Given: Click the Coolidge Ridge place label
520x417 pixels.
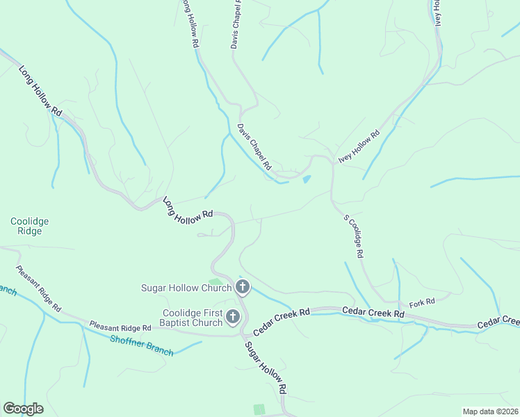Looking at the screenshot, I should (29, 227).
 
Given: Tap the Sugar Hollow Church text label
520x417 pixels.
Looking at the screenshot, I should (181, 288).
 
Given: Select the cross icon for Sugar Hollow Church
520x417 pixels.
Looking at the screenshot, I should (243, 287).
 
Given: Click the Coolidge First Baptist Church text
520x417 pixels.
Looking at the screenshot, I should (193, 318).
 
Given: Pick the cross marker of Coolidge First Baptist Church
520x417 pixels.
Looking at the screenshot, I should (233, 318).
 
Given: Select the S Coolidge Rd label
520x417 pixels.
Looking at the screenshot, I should (353, 236).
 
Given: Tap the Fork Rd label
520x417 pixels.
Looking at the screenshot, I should (422, 302).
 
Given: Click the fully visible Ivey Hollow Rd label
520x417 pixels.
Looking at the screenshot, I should (359, 147).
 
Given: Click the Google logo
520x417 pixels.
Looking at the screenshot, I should (23, 409).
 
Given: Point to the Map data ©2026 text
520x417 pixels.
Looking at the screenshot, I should (490, 411).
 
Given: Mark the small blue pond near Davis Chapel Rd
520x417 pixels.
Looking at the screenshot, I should (306, 180).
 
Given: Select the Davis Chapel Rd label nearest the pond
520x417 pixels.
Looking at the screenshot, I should (254, 148).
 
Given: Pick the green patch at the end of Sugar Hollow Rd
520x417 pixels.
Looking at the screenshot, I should (259, 409).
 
